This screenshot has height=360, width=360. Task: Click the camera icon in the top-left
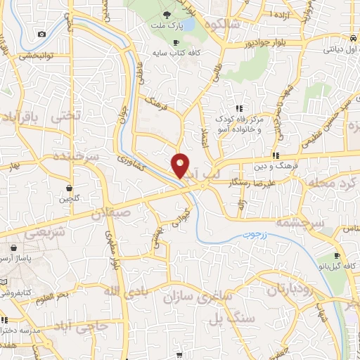(42, 34)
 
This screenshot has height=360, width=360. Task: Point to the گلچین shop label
(70, 199)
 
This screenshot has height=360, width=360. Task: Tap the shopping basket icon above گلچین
(70, 188)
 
